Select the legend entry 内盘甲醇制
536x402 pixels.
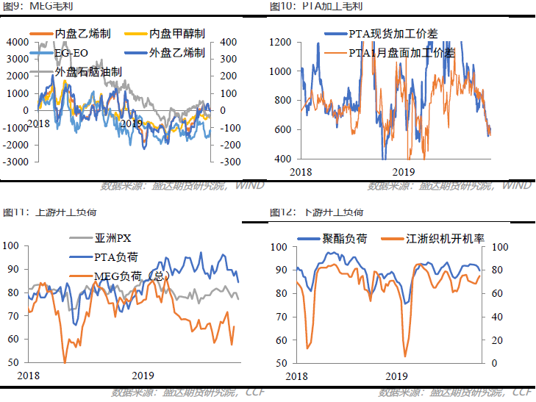coord(176,34)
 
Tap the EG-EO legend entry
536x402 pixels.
coord(71,53)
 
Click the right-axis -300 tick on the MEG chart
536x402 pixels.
coord(230,162)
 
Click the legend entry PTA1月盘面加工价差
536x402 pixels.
coord(401,52)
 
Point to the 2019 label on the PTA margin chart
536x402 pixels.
coord(402,171)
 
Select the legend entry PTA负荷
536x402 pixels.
coord(116,257)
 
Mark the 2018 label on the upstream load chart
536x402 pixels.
coord(29,376)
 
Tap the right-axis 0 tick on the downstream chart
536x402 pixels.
coord(495,364)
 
